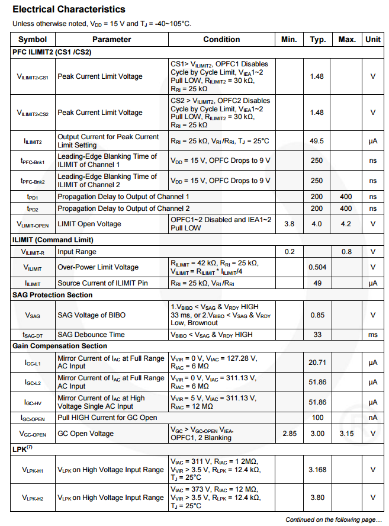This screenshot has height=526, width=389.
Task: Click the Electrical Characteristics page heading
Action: tap(69, 9)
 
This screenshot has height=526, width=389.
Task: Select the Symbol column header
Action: tap(33, 40)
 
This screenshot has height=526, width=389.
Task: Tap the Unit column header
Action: tap(373, 40)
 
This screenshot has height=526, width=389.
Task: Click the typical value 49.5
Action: tap(317, 141)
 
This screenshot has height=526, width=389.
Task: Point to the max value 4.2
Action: tap(346, 224)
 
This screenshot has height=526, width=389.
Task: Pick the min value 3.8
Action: tap(289, 224)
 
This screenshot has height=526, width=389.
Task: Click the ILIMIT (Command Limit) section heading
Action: tap(53, 240)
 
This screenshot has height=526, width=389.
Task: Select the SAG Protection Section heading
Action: tap(53, 295)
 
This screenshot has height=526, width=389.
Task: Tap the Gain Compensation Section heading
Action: tap(60, 346)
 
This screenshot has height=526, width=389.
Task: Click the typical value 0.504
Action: tap(317, 267)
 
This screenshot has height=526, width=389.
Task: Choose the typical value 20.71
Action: tap(317, 362)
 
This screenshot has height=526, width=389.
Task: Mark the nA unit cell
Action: tap(372, 418)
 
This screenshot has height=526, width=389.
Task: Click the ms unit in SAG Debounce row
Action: tap(372, 335)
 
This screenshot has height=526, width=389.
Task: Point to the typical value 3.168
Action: tap(317, 470)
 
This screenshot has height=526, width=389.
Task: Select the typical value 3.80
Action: tap(317, 498)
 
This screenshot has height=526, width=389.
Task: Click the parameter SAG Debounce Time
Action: tap(91, 335)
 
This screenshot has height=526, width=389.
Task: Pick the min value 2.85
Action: tap(289, 434)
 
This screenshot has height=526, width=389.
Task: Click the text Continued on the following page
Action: tap(333, 519)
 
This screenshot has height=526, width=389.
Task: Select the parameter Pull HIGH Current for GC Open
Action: tap(107, 418)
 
